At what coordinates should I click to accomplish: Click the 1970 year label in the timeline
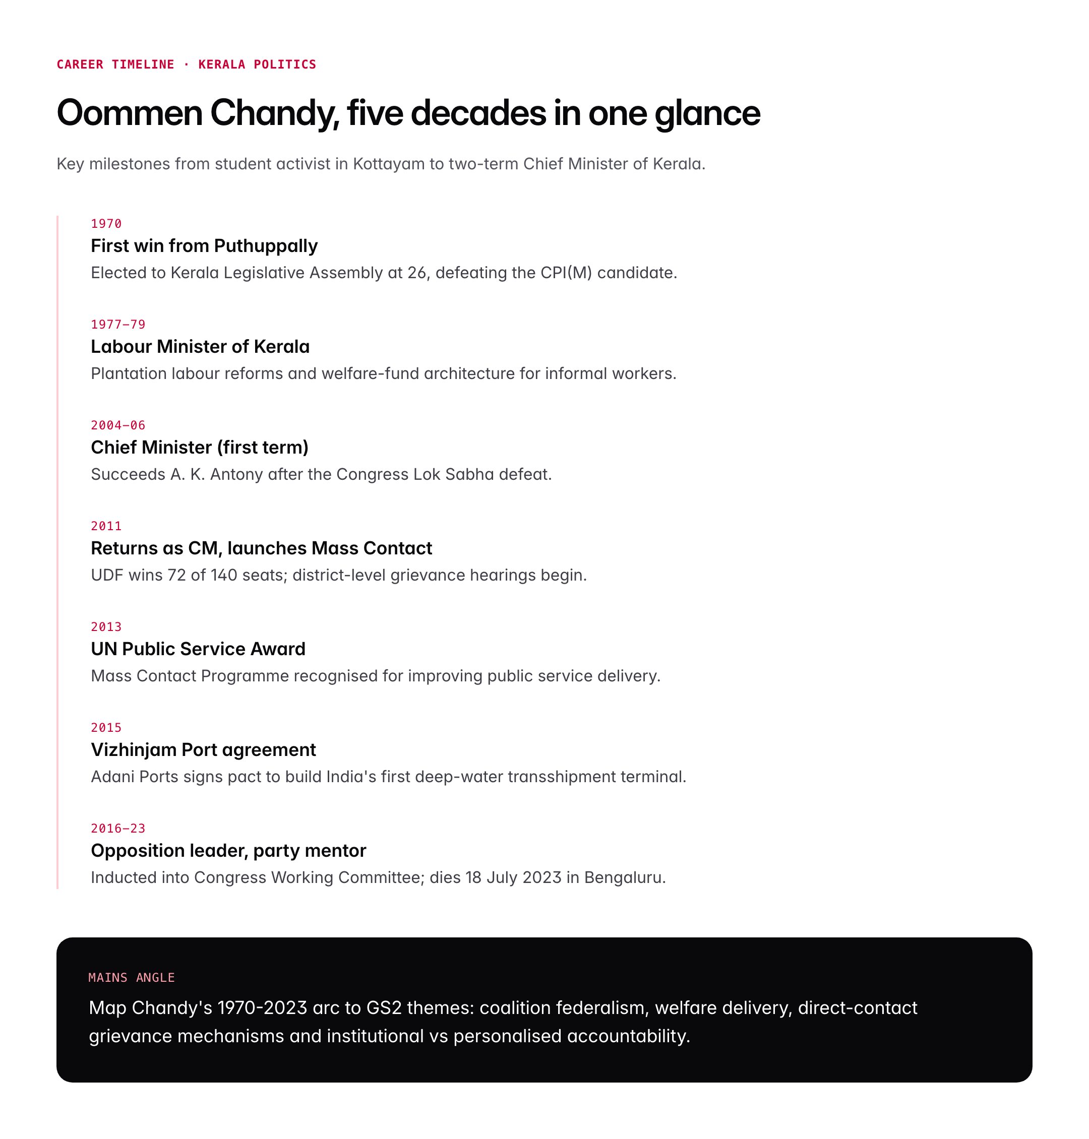pos(106,224)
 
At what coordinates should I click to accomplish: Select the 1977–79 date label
pos(118,325)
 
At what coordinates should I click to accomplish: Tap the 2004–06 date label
pos(118,425)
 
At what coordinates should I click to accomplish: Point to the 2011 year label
pos(106,526)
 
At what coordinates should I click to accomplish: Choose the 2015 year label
pos(106,728)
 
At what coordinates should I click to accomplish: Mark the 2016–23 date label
pos(118,829)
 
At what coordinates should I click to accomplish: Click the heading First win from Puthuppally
pos(204,246)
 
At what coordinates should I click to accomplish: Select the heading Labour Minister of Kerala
pos(200,347)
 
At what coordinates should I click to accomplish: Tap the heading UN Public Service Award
pos(198,649)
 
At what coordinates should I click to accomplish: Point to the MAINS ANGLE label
pos(131,978)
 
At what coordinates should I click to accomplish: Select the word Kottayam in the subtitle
pos(388,164)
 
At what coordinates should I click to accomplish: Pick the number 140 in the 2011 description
pos(223,576)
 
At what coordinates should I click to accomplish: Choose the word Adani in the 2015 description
pos(112,777)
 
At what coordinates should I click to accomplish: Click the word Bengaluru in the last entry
pos(625,878)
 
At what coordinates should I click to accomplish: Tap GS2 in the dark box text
pos(384,1008)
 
